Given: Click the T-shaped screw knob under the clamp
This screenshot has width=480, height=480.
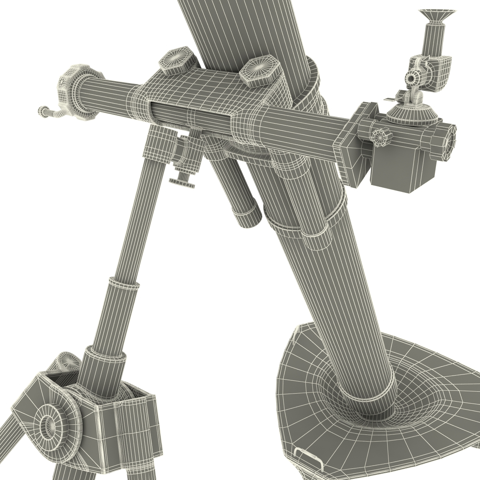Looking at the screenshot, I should pyautogui.click(x=183, y=182).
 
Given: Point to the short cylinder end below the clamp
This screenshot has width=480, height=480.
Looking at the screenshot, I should pyautogui.click(x=248, y=216).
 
